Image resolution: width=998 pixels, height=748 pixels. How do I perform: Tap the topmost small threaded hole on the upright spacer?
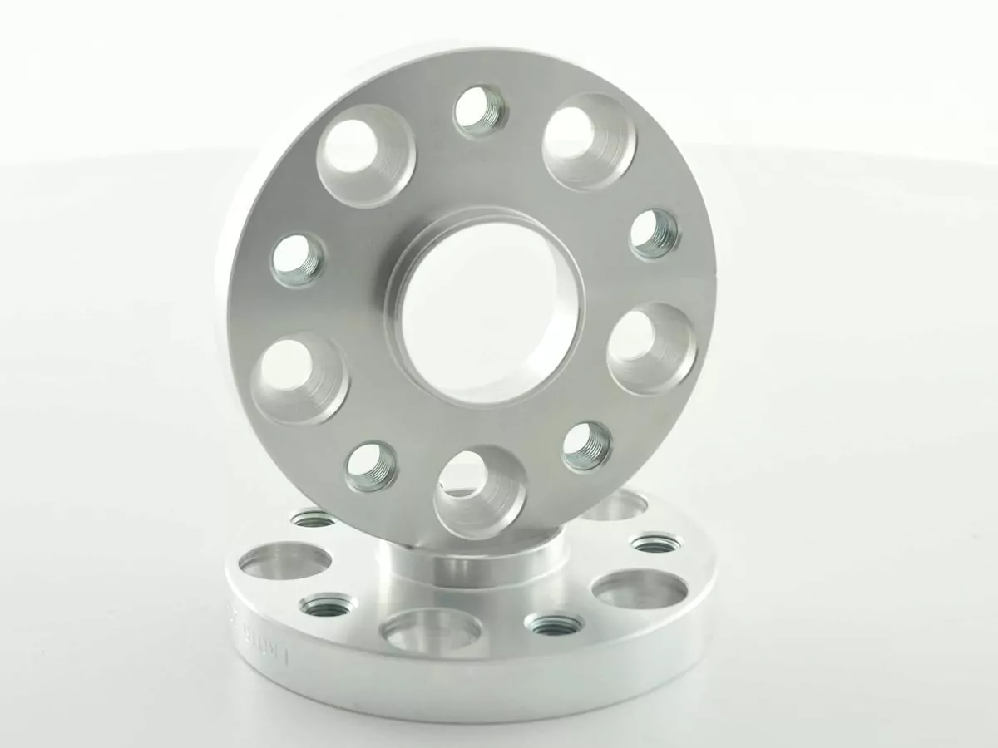tap(481, 111)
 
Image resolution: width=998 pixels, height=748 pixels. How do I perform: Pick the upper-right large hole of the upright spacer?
tap(589, 140)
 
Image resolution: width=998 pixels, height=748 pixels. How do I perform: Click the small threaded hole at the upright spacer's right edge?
tap(655, 234)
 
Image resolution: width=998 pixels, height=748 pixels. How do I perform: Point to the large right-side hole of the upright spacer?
tap(652, 347)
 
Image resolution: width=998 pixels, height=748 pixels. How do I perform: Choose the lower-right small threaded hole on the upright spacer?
tap(586, 446)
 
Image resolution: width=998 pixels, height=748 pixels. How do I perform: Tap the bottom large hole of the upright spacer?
tap(480, 491)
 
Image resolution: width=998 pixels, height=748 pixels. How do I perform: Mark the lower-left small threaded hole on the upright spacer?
tap(371, 465)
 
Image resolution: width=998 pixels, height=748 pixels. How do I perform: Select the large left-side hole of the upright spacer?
tap(299, 377)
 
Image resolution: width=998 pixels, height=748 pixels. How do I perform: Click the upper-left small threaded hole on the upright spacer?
tap(298, 259)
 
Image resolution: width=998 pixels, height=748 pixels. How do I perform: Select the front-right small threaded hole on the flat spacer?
tap(555, 623)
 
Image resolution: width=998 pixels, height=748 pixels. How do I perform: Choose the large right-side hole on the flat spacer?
tap(641, 589)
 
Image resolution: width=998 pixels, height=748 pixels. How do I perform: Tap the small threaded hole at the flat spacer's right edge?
tap(655, 544)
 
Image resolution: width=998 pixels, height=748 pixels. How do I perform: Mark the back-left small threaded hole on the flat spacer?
tap(314, 519)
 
